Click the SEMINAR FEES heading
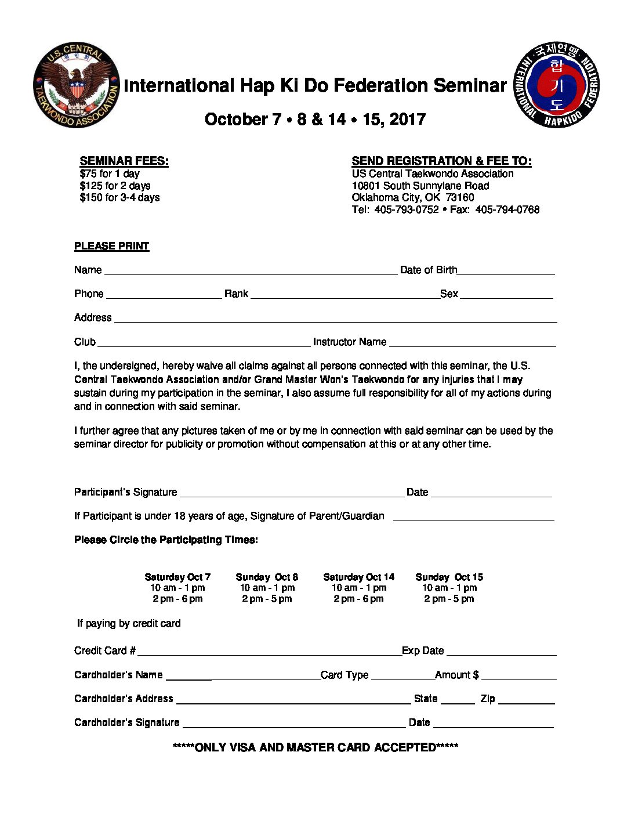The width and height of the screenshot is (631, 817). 124,161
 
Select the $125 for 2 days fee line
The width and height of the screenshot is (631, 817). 115,186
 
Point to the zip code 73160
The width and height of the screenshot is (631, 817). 460,197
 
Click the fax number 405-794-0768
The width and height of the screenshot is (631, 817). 507,209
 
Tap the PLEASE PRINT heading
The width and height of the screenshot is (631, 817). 111,246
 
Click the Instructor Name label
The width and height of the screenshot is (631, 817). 350,342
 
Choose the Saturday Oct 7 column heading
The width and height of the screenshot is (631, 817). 177,577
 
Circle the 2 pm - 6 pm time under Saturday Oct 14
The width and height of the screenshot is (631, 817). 358,599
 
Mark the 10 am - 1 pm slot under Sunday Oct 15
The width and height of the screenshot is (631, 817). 449,588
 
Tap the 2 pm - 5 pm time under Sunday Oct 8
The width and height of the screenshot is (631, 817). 267,599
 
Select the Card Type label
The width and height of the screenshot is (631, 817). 344,675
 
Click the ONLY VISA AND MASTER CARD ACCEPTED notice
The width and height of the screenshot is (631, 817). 315,747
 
